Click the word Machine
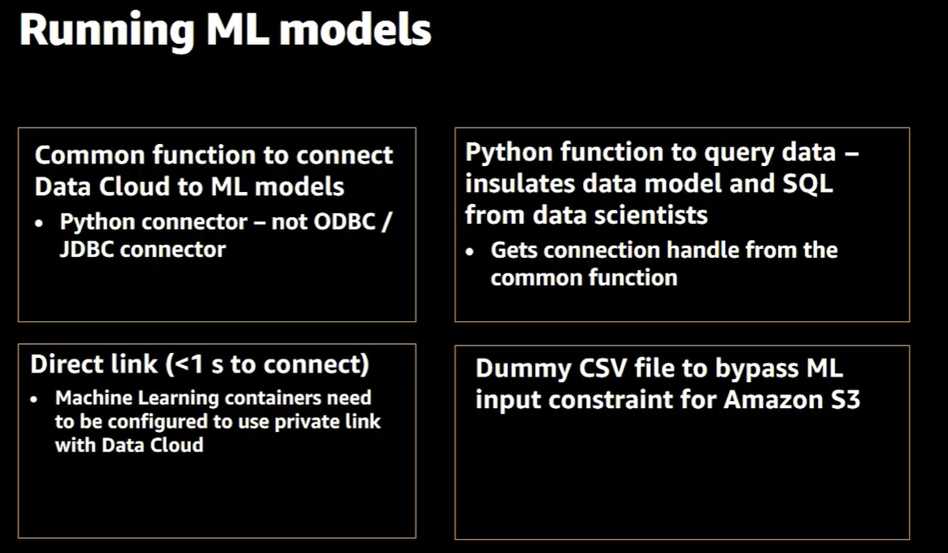pos(93,398)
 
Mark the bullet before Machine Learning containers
pos(34,399)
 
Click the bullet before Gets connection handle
pos(470,251)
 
